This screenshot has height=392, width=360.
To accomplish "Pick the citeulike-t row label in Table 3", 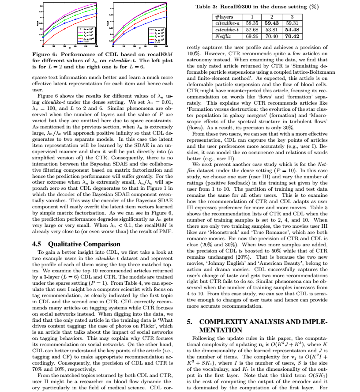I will pyautogui.click(x=227, y=30).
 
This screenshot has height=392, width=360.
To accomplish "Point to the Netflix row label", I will pyautogui.click(x=227, y=36).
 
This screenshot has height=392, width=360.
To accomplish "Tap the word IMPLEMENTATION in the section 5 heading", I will pyautogui.click(x=221, y=330).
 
